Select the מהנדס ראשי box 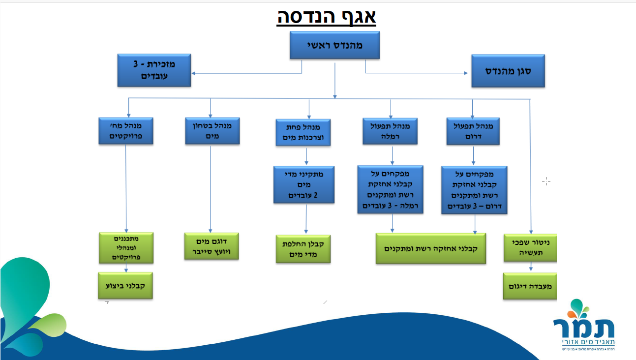pyautogui.click(x=334, y=45)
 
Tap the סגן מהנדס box pyautogui.click(x=508, y=70)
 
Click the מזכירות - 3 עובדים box pyautogui.click(x=154, y=70)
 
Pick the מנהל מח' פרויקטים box pyautogui.click(x=126, y=130)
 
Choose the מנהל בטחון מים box pyautogui.click(x=212, y=130)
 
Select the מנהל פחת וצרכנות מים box pyautogui.click(x=303, y=132)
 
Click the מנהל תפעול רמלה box pyautogui.click(x=390, y=131)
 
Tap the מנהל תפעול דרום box pyautogui.click(x=473, y=131)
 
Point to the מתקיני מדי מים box pyautogui.click(x=304, y=184)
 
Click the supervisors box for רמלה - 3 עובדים pyautogui.click(x=391, y=189)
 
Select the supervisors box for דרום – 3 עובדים pyautogui.click(x=474, y=190)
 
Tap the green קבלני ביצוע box pyautogui.click(x=125, y=285)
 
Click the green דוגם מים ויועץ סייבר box pyautogui.click(x=211, y=246)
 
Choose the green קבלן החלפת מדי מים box pyautogui.click(x=303, y=248)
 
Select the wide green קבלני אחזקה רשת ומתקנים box pyautogui.click(x=431, y=248)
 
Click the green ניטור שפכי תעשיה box pyautogui.click(x=530, y=247)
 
